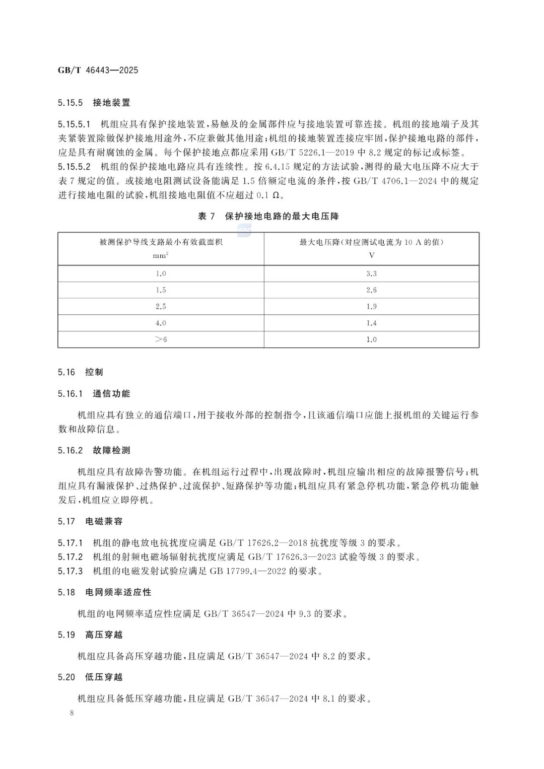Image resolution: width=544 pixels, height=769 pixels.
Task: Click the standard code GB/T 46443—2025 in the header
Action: pyautogui.click(x=98, y=70)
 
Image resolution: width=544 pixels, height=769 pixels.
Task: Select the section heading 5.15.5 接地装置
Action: pyautogui.click(x=94, y=103)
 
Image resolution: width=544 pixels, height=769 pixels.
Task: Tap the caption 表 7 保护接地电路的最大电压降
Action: pyautogui.click(x=268, y=217)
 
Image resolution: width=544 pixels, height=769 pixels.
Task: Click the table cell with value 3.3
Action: pyautogui.click(x=371, y=273)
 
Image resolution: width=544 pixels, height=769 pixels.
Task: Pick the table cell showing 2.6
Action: pyautogui.click(x=371, y=290)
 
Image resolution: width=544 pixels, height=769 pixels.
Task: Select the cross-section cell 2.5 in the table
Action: pyautogui.click(x=161, y=307)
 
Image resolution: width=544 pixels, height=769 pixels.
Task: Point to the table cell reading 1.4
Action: pyautogui.click(x=371, y=323)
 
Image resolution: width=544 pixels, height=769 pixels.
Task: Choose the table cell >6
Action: pyautogui.click(x=161, y=339)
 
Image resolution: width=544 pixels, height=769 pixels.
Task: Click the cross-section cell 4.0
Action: pyautogui.click(x=161, y=323)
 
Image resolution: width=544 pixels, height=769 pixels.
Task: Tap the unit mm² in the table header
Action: pyautogui.click(x=161, y=255)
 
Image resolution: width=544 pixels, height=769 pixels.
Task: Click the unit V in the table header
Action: pyautogui.click(x=371, y=255)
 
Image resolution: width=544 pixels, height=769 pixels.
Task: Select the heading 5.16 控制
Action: pyautogui.click(x=80, y=372)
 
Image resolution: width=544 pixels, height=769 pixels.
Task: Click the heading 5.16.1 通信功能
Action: pyautogui.click(x=94, y=394)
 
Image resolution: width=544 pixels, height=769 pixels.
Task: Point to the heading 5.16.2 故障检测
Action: pyautogui.click(x=94, y=450)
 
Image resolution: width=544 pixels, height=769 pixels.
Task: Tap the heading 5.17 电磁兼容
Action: pyautogui.click(x=90, y=522)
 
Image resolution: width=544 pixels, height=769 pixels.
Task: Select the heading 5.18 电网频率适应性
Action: pyautogui.click(x=104, y=592)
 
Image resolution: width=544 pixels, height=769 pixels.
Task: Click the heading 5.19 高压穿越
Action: pyautogui.click(x=90, y=635)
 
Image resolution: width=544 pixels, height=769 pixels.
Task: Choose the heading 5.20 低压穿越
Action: pyautogui.click(x=90, y=677)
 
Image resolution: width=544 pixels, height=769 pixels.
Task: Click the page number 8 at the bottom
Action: pyautogui.click(x=73, y=713)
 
